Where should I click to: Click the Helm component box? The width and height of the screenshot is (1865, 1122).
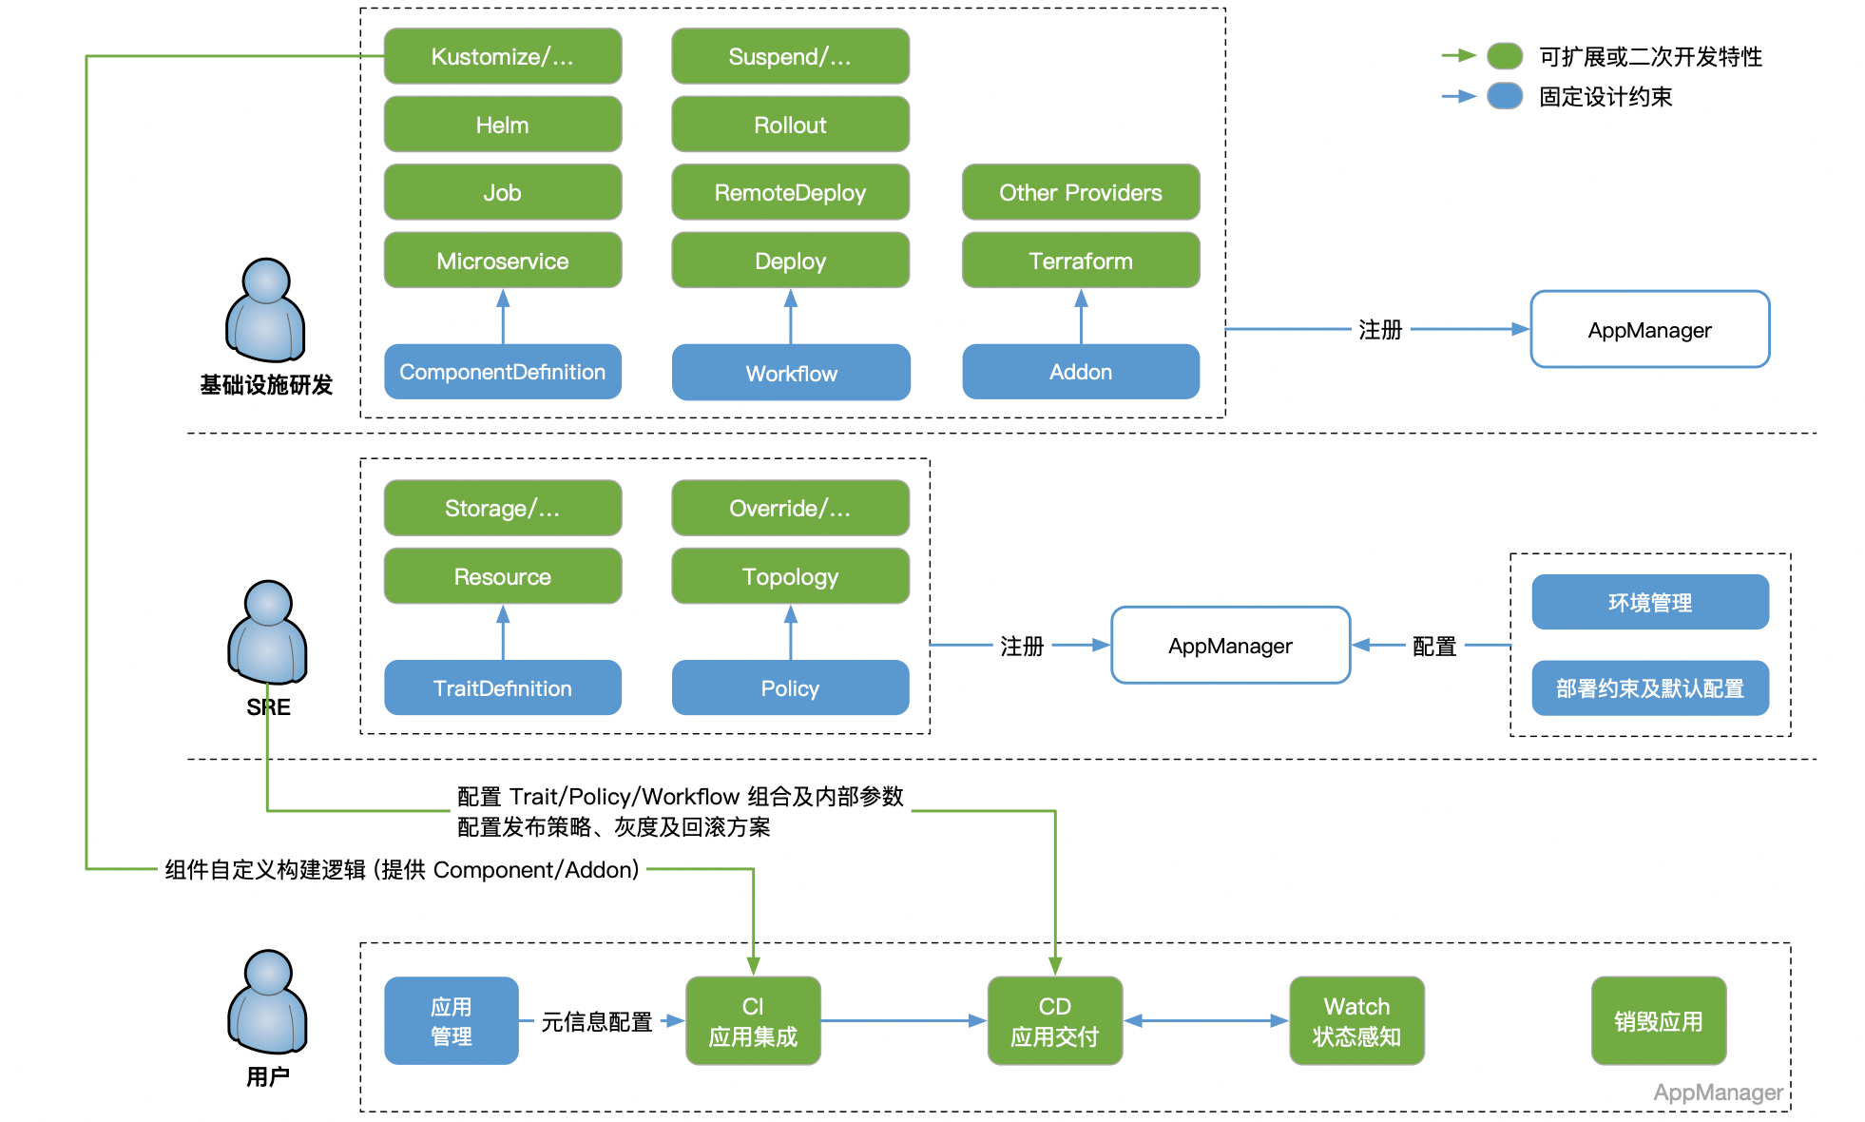(502, 125)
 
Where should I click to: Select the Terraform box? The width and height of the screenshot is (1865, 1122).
(1080, 261)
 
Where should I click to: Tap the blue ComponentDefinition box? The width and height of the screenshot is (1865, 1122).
(502, 372)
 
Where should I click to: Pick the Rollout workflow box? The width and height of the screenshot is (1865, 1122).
(790, 125)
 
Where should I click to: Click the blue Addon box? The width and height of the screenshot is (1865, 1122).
(1080, 372)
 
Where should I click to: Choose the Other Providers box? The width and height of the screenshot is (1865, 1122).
(1080, 192)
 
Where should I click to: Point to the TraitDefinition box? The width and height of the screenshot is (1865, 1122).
(502, 687)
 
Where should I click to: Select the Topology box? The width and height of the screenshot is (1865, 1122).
(790, 576)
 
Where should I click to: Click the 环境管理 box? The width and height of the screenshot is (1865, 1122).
(1649, 602)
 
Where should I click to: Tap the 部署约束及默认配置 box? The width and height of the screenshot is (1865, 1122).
(1649, 687)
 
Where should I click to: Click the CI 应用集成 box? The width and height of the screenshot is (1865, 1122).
(753, 1020)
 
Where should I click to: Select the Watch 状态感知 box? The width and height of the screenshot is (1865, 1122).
(1356, 1020)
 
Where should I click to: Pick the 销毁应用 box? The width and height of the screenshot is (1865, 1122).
(1658, 1020)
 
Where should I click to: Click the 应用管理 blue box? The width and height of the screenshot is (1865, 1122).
(451, 1020)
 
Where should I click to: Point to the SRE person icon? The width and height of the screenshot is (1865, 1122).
(267, 632)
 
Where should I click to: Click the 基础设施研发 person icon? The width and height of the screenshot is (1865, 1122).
(265, 310)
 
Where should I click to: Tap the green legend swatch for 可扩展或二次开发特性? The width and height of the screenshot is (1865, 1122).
(1505, 56)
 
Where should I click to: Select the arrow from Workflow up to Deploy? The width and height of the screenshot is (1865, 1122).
(790, 317)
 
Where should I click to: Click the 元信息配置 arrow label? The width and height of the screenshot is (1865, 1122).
(596, 1021)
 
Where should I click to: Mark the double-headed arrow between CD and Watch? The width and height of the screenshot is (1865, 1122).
(1205, 1020)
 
